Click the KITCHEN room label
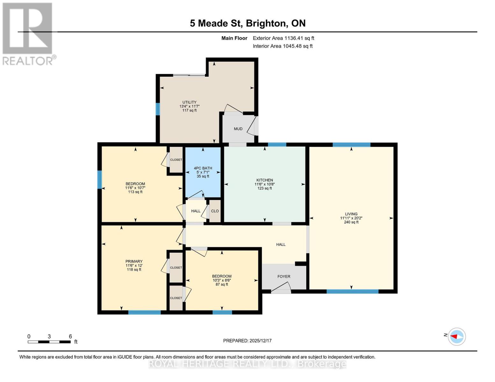coord(265,180)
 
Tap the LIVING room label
coord(351,214)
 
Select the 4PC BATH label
coord(203,168)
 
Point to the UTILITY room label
coord(189,102)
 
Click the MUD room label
coord(238,129)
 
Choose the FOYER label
coord(284,277)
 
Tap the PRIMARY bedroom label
coord(134,261)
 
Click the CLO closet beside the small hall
coord(215,211)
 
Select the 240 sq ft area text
coord(351,222)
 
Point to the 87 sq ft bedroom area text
coord(222,285)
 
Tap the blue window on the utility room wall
coord(157,109)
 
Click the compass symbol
coord(457,336)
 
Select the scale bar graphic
coord(49,342)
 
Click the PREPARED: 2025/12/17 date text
coord(247,341)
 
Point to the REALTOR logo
coord(28,34)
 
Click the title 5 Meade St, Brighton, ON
coord(248,23)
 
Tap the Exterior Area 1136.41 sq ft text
coord(283,38)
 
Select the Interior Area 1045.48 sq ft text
coord(283,46)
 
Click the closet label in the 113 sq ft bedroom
coord(176,160)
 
